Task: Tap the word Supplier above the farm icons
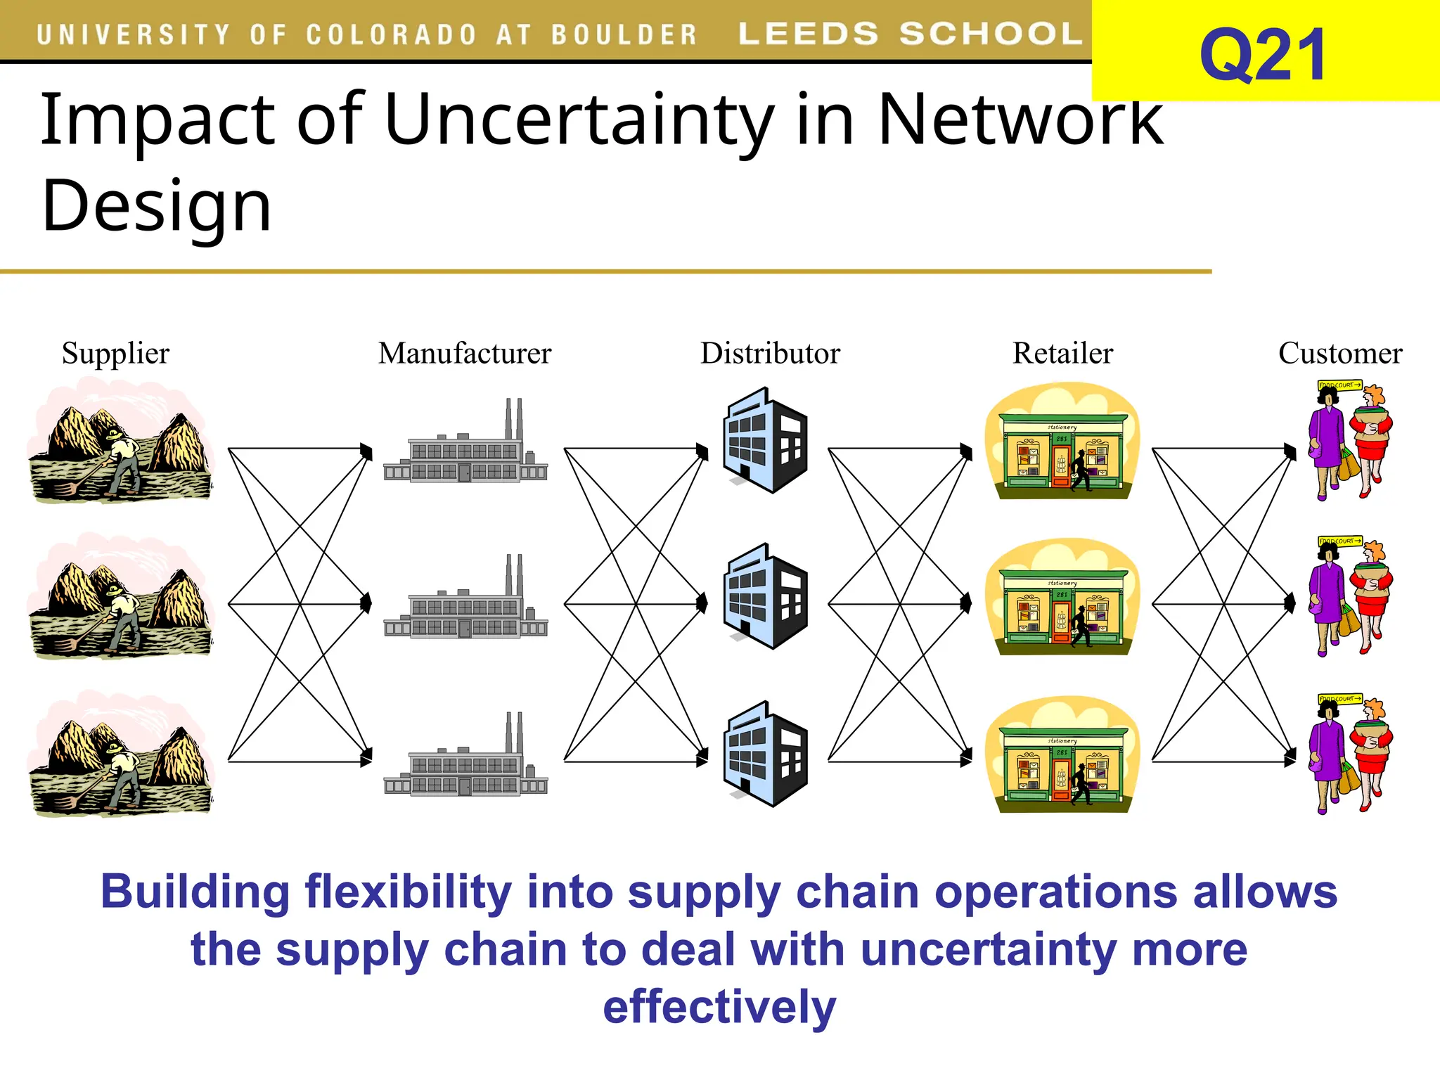pyautogui.click(x=115, y=353)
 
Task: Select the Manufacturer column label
pyautogui.click(x=464, y=353)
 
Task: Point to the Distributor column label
pyautogui.click(x=770, y=353)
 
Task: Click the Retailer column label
pyautogui.click(x=1062, y=353)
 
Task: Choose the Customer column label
pyautogui.click(x=1339, y=353)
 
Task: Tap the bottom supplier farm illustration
pyautogui.click(x=120, y=755)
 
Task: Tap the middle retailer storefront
pyautogui.click(x=1062, y=598)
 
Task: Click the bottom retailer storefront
pyautogui.click(x=1062, y=755)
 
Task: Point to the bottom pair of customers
pyautogui.click(x=1350, y=755)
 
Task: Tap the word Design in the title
pyautogui.click(x=156, y=205)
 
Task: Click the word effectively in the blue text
pyautogui.click(x=719, y=1006)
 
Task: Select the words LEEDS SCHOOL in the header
pyautogui.click(x=910, y=34)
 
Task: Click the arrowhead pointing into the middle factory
pyautogui.click(x=366, y=603)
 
